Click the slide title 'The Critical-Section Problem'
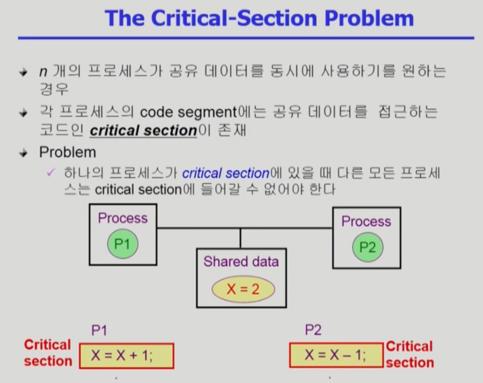coord(259,18)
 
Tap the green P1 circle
coord(122,244)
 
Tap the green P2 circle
coord(367,247)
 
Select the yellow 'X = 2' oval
coord(243,289)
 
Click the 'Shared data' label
coord(241,262)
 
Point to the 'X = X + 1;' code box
coord(127,356)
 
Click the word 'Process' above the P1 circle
coord(123,218)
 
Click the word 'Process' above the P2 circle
coord(366,222)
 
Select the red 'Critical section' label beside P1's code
coord(47,353)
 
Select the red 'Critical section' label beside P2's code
coord(409,354)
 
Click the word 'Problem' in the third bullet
coord(68,152)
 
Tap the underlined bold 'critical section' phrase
coord(143,130)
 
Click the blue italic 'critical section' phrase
coord(226,173)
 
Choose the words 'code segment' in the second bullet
coord(188,112)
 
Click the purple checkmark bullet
coord(51,173)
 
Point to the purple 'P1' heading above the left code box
coord(99,330)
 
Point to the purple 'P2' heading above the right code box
coord(313,330)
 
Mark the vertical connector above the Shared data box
coord(240,238)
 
